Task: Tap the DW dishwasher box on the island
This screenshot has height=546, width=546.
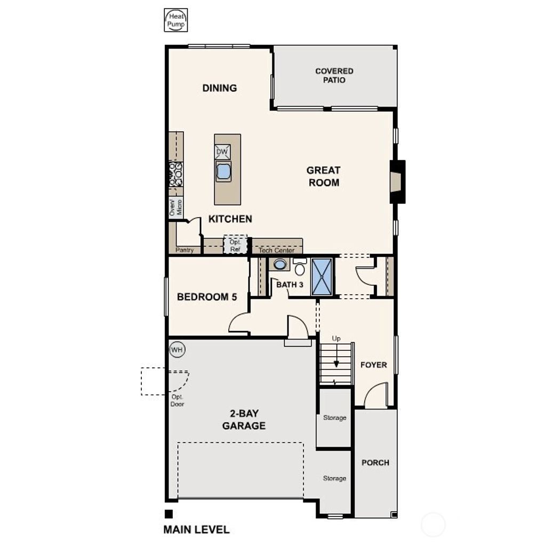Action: [222, 152]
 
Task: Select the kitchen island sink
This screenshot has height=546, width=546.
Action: [223, 171]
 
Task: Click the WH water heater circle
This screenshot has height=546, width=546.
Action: [177, 350]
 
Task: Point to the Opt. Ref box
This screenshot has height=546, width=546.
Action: [235, 245]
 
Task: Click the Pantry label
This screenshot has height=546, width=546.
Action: [184, 250]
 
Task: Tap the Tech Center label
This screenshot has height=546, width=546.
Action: [276, 250]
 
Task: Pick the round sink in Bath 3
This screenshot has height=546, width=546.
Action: [280, 264]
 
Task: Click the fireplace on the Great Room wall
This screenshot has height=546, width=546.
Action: [397, 181]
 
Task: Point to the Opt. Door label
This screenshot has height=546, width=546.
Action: [178, 400]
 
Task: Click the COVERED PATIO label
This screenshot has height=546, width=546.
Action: [334, 75]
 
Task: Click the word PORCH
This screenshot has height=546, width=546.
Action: [375, 462]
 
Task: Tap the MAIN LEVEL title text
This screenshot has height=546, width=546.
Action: [196, 529]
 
